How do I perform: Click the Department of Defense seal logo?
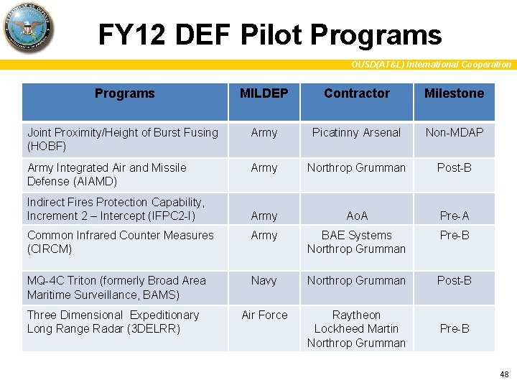29,28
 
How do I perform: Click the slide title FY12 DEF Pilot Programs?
269,34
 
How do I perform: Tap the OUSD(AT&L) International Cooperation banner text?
431,65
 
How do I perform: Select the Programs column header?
124,93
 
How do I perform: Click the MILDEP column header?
264,93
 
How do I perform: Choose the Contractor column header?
356,93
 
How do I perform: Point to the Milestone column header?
454,93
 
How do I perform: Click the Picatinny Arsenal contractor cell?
356,132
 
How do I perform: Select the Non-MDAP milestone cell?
454,132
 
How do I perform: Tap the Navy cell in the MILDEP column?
264,281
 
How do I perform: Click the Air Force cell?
264,315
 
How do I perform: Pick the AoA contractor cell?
356,216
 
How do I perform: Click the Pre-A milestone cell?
454,216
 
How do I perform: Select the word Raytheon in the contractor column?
356,315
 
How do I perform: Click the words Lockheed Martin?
356,328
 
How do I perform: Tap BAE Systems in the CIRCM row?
356,235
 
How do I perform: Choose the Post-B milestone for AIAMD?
454,167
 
